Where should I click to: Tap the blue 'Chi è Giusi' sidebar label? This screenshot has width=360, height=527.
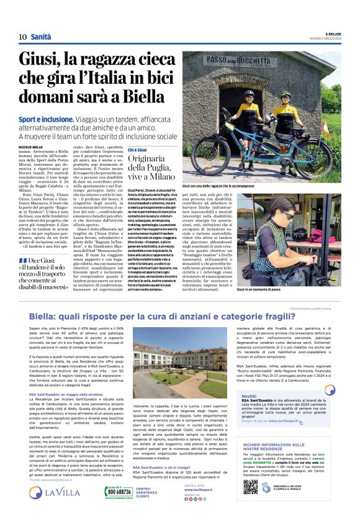click(x=138, y=150)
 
